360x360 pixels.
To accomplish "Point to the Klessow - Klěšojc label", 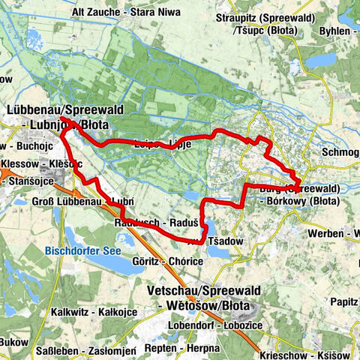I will [38, 163].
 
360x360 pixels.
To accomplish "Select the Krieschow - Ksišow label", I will [307, 353].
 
